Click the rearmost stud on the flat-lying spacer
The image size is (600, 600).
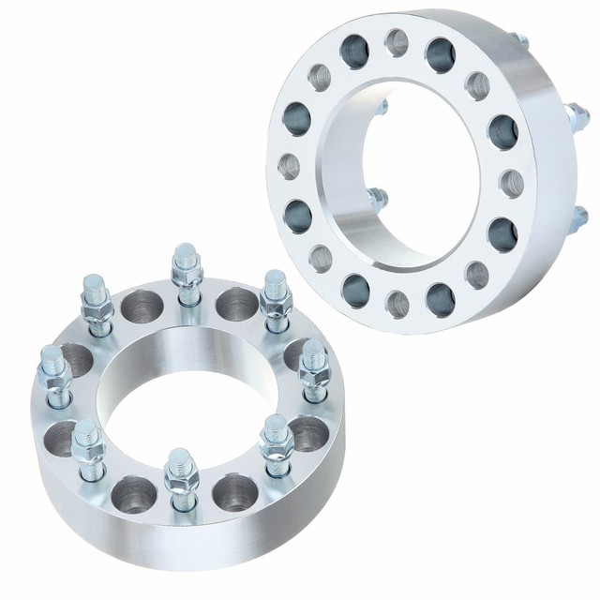tap(186, 266)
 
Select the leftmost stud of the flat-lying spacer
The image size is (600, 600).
tap(52, 375)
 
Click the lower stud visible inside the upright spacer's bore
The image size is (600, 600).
tap(378, 199)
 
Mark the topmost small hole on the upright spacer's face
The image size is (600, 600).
tap(397, 42)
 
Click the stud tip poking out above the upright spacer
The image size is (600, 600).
tap(517, 41)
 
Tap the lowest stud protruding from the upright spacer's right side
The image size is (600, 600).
tap(579, 218)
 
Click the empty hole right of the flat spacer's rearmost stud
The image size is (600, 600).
tap(232, 303)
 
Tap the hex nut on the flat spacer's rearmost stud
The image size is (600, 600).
tap(186, 281)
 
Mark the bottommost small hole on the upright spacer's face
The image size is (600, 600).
tap(397, 303)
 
